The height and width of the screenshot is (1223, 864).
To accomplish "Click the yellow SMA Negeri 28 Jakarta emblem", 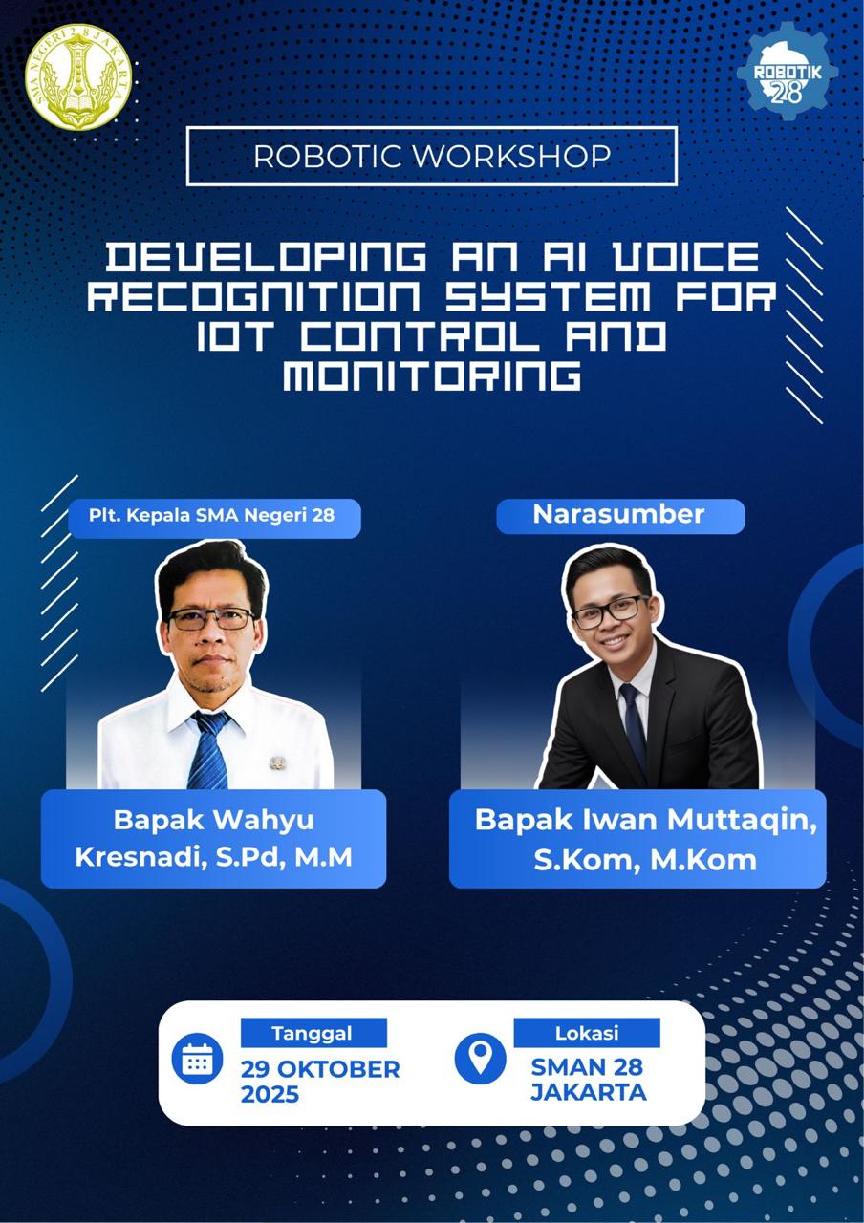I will click(x=78, y=76).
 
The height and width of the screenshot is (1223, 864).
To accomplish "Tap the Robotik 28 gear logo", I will click(x=787, y=73).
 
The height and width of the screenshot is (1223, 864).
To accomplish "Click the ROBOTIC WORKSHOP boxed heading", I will click(x=431, y=156).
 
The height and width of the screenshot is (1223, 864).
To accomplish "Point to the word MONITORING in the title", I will click(x=432, y=375).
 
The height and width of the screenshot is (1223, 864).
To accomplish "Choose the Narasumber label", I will click(x=618, y=515).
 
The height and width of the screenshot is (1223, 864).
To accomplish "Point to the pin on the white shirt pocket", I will click(x=277, y=762).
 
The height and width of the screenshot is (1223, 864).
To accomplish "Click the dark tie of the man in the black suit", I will click(x=633, y=726).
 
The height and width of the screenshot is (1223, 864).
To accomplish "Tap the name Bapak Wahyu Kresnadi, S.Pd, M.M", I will click(x=213, y=839).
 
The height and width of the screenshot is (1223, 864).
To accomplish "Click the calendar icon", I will click(x=197, y=1059).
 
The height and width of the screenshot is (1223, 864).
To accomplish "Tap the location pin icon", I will click(x=480, y=1058).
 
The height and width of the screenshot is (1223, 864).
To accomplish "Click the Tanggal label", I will click(x=313, y=1033).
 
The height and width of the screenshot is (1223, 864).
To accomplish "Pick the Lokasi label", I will click(x=587, y=1033).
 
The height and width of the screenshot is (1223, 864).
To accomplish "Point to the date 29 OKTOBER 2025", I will click(x=319, y=1081).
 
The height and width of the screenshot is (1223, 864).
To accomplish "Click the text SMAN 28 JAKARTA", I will click(x=588, y=1080).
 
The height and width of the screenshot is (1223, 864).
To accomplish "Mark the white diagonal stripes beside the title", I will click(x=804, y=314).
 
